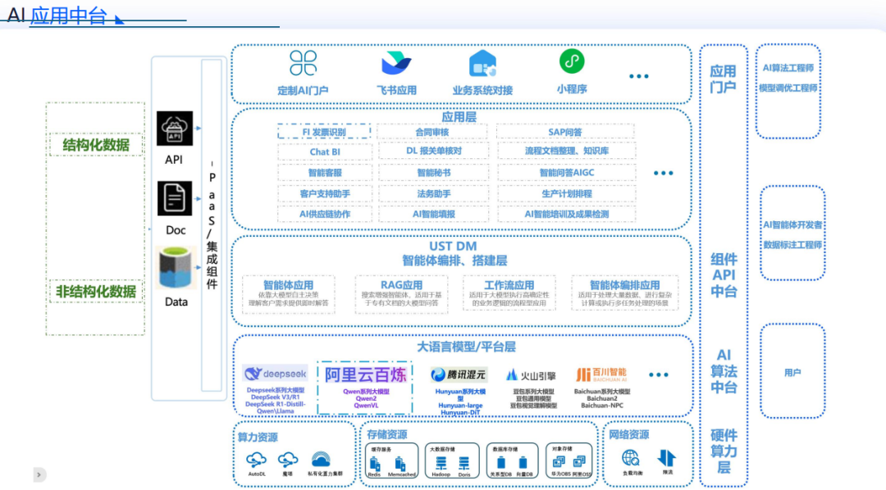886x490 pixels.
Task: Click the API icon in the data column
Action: [174, 129]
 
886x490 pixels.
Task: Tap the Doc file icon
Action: [175, 198]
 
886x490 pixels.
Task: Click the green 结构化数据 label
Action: [95, 146]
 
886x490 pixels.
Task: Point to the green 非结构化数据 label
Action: [95, 292]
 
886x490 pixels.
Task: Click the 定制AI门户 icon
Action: [303, 63]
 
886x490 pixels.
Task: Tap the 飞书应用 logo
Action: [396, 63]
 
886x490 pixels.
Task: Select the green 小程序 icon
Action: [572, 61]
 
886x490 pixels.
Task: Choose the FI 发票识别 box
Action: [323, 132]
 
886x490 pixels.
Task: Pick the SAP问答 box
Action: [565, 132]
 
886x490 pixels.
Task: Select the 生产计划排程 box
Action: [565, 193]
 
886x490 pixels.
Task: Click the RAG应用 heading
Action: [401, 285]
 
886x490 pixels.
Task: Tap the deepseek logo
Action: [275, 373]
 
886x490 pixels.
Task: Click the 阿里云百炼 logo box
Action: [366, 374]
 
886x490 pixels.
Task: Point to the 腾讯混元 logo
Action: [459, 374]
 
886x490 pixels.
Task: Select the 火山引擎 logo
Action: [531, 375]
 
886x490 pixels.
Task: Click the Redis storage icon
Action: [373, 463]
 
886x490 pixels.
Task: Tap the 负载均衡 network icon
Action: [630, 459]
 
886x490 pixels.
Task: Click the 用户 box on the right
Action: [792, 373]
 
